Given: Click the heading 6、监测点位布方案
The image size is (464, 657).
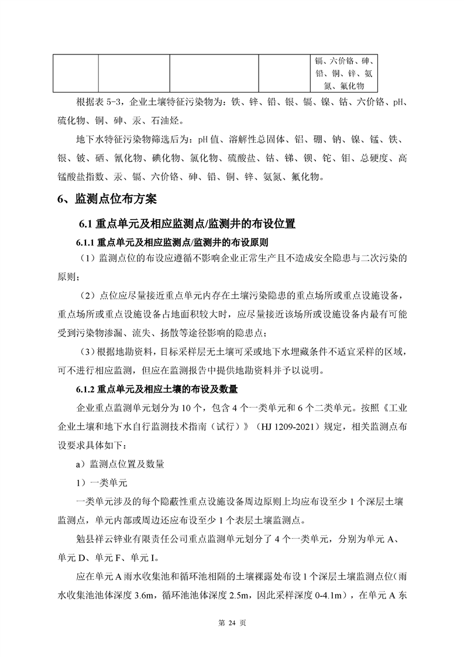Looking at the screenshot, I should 107,200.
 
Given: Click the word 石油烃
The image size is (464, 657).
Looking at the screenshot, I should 170,122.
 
